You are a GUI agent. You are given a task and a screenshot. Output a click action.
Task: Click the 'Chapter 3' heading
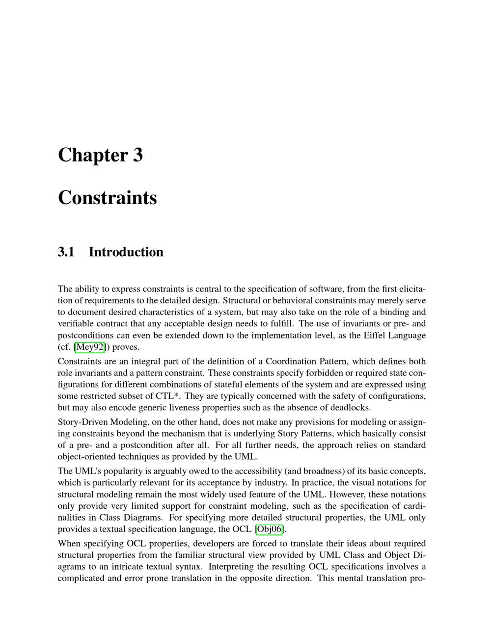click(100, 155)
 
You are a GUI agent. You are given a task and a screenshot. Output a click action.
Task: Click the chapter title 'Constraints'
click(107, 198)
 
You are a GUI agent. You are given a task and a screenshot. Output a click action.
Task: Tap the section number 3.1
click(66, 252)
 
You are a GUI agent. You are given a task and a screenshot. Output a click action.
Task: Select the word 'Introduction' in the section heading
click(126, 252)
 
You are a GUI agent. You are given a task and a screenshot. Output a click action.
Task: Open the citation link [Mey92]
click(90, 347)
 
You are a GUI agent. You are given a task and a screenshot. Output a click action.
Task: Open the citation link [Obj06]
click(270, 529)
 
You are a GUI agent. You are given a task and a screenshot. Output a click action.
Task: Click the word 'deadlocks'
click(351, 407)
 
